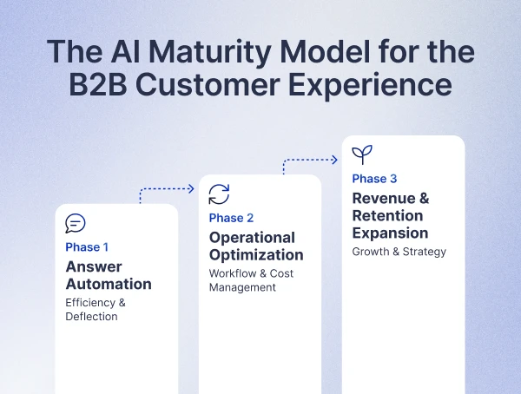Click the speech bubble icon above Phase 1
[x=76, y=224]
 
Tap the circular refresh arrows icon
[x=219, y=194]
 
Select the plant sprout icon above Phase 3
[x=362, y=155]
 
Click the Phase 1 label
[x=87, y=247]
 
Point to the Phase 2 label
[x=231, y=218]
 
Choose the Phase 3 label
[x=374, y=179]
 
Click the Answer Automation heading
[x=109, y=275]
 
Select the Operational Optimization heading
[x=256, y=246]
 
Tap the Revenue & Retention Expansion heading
[x=390, y=215]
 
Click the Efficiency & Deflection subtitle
[x=96, y=310]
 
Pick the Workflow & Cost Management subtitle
[x=251, y=280]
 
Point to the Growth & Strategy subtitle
[x=399, y=252]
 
